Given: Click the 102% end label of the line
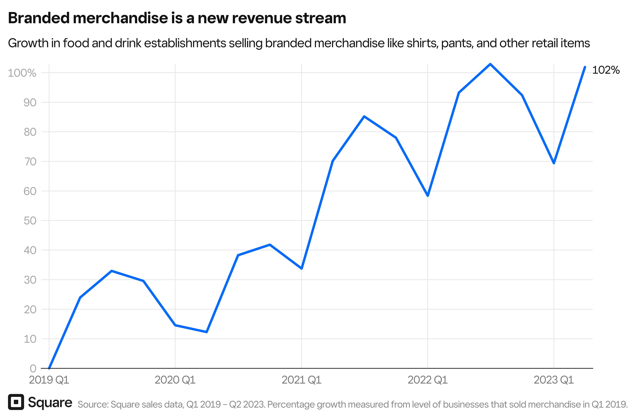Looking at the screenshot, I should [x=606, y=70].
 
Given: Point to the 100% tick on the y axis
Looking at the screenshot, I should [x=22, y=73].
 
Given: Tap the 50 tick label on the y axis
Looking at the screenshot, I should [x=30, y=221].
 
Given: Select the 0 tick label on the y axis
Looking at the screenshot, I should [x=33, y=369].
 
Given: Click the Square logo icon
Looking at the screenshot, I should [x=16, y=402].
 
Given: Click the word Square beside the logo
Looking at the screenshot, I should [x=50, y=403].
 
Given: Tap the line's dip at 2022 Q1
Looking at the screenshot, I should [x=428, y=196].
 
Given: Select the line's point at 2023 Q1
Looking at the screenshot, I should [x=554, y=163].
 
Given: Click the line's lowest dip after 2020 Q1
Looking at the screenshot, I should [x=207, y=332].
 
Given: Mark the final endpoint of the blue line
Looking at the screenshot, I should [x=585, y=67].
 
